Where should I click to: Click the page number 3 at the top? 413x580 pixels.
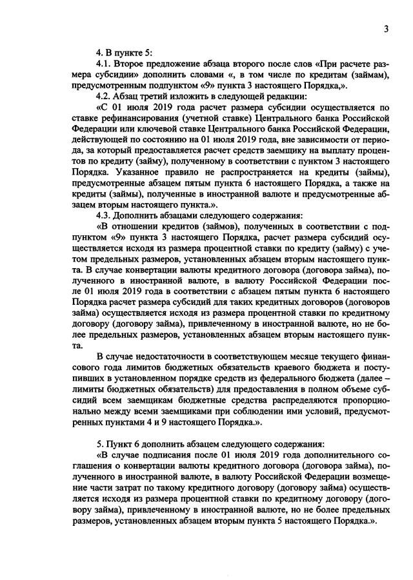tap(385, 28)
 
